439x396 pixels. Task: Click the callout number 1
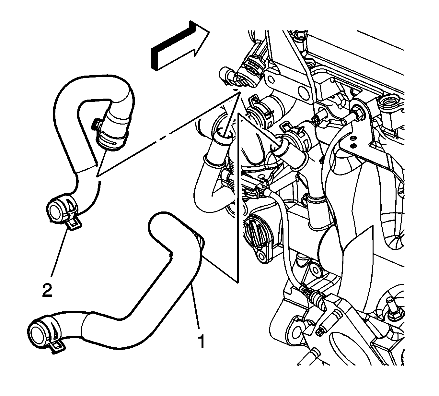(x=201, y=341)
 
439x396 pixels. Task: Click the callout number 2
(x=47, y=290)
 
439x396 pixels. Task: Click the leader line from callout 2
(x=60, y=254)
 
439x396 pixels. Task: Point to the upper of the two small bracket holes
(x=353, y=138)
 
